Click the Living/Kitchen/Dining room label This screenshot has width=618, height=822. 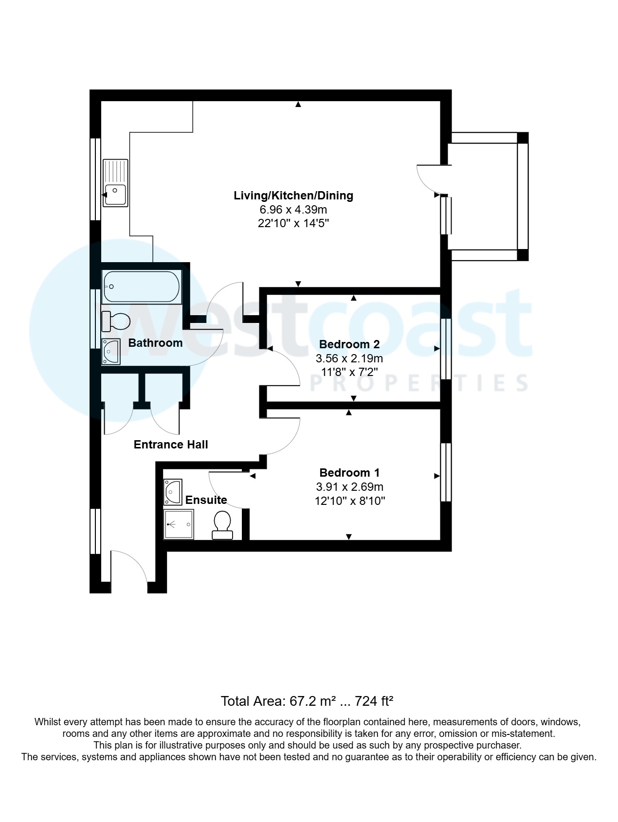(x=293, y=196)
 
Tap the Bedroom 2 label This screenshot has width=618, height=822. (x=349, y=344)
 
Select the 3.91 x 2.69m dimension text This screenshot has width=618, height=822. (x=349, y=487)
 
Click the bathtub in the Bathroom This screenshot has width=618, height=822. (x=141, y=287)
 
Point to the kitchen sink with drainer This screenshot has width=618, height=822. (x=115, y=183)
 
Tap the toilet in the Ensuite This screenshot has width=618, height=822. (x=222, y=525)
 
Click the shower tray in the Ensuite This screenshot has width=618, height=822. (x=179, y=524)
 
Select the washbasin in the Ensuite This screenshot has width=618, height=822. (x=172, y=492)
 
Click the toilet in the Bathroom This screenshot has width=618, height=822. (x=116, y=321)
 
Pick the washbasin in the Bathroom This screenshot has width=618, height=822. (x=111, y=351)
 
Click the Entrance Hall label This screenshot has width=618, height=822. (x=171, y=445)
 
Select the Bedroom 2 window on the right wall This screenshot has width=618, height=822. (x=445, y=349)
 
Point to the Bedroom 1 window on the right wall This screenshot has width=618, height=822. (x=445, y=472)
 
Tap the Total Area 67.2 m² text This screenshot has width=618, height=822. (x=307, y=701)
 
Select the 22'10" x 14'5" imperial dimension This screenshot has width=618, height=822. (x=293, y=224)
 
